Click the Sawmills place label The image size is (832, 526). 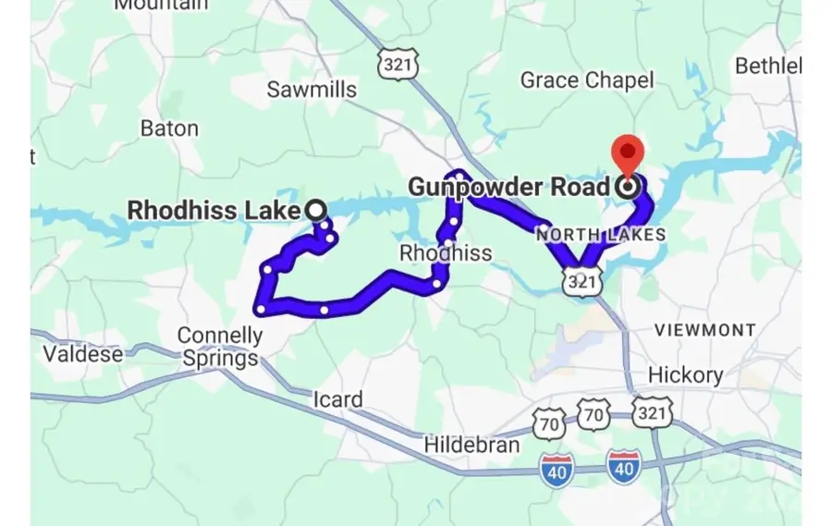click(x=312, y=90)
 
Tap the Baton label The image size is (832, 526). click(x=169, y=128)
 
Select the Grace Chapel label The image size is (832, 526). click(x=586, y=80)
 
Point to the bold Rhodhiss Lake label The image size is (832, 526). click(x=214, y=210)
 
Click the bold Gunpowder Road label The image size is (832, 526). click(x=509, y=187)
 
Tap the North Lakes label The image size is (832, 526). click(x=601, y=235)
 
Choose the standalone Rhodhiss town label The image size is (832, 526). click(x=446, y=252)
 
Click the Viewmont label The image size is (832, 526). click(x=705, y=329)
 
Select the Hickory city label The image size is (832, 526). click(x=685, y=374)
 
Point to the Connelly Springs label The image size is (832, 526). click(x=220, y=346)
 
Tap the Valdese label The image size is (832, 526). click(x=83, y=353)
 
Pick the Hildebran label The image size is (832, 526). click(x=471, y=445)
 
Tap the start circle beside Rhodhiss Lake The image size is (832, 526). click(x=316, y=211)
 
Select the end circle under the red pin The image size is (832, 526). click(x=629, y=188)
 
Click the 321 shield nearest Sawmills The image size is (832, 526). click(x=398, y=63)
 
